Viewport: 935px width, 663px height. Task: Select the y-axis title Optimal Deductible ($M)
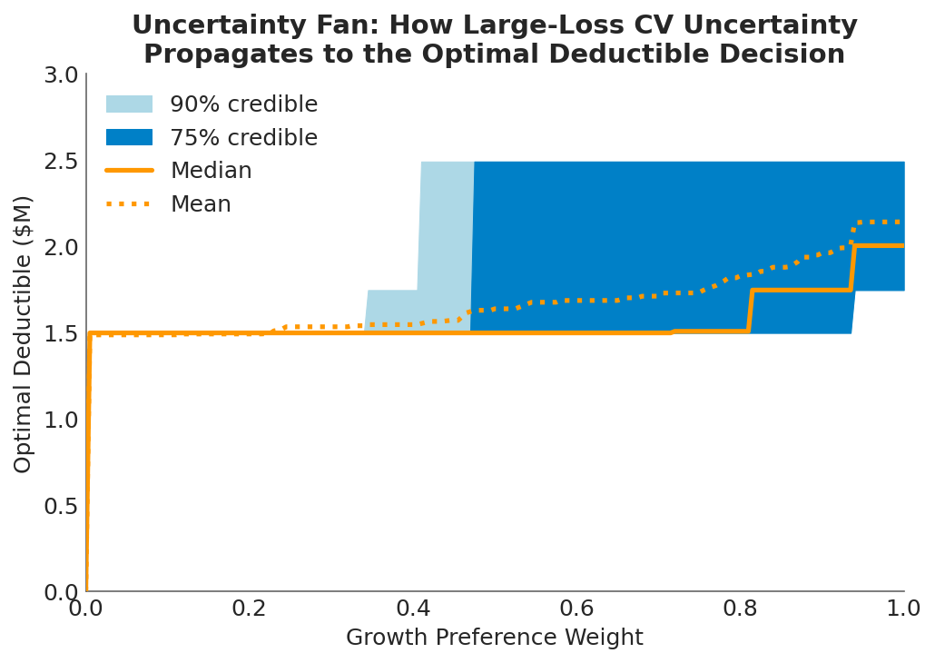click(x=24, y=333)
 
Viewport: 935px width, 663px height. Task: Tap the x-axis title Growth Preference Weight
click(x=494, y=638)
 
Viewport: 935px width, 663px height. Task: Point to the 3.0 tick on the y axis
click(x=61, y=75)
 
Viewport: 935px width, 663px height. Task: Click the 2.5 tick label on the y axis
click(x=61, y=162)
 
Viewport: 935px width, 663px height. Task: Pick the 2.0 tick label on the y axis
click(x=61, y=248)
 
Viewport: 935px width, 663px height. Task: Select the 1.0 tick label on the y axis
click(x=61, y=421)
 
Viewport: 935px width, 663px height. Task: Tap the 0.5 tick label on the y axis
click(x=61, y=507)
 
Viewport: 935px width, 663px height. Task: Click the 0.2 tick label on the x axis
click(x=249, y=609)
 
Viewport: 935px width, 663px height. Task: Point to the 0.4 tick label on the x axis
click(x=413, y=609)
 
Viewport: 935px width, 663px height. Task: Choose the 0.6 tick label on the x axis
click(x=576, y=609)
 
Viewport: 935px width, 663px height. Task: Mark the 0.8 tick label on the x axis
click(x=740, y=609)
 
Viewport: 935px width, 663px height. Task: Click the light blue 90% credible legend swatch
click(x=129, y=104)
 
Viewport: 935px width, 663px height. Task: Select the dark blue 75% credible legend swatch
click(x=129, y=138)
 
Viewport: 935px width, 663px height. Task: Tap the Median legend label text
click(x=211, y=171)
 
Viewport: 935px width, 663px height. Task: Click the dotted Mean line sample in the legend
click(x=129, y=204)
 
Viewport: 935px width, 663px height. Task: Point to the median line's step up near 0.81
click(x=750, y=311)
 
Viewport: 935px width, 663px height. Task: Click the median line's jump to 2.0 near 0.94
click(x=852, y=268)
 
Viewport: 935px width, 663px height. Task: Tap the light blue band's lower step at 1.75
click(x=391, y=292)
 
